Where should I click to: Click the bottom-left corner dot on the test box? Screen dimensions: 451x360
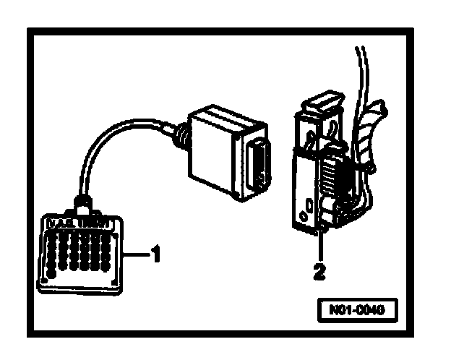click(47, 278)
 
